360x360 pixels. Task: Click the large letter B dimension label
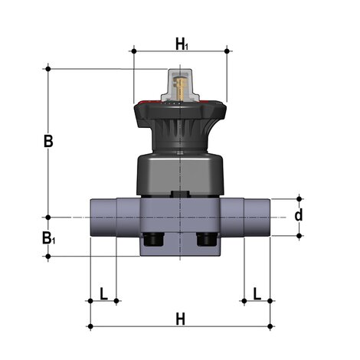(x=48, y=142)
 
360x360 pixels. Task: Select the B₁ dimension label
(x=48, y=239)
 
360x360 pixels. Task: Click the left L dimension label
(x=103, y=293)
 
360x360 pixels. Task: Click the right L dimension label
(x=257, y=293)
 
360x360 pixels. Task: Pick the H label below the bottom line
(x=181, y=317)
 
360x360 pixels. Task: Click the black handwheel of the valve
(x=180, y=115)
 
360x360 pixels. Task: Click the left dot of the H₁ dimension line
(x=134, y=51)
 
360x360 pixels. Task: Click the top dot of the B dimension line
(x=48, y=69)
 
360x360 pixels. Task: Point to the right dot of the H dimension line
(x=271, y=327)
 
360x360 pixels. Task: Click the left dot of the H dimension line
(x=90, y=327)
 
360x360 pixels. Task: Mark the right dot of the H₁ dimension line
(x=227, y=51)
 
